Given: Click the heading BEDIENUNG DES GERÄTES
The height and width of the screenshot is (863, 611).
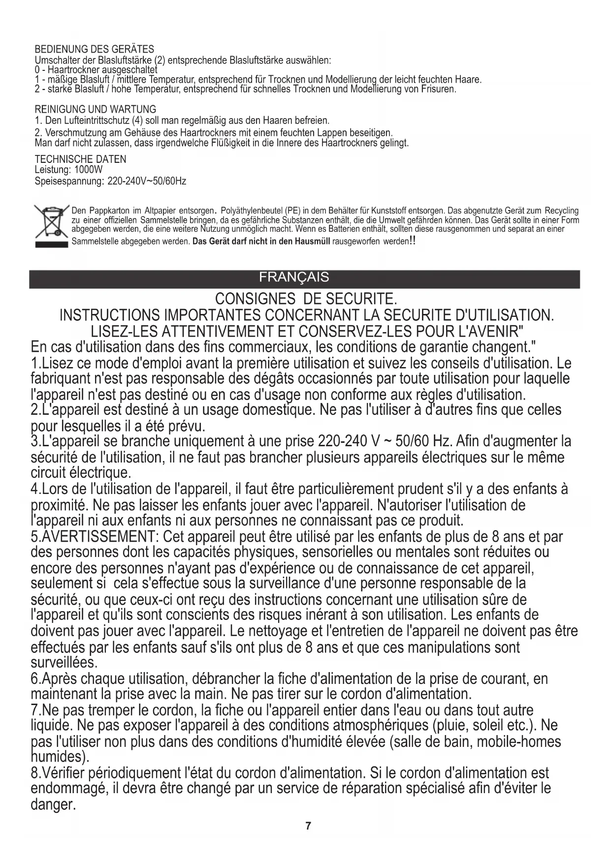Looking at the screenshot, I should pyautogui.click(x=94, y=49).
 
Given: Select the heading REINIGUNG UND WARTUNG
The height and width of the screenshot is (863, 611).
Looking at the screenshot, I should pyautogui.click(x=96, y=109).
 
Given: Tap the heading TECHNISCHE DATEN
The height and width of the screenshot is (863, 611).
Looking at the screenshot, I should pyautogui.click(x=80, y=159).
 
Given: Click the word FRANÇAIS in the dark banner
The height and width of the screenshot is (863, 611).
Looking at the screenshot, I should pyautogui.click(x=294, y=277).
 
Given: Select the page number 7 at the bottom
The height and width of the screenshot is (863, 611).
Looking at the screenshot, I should pyautogui.click(x=308, y=826).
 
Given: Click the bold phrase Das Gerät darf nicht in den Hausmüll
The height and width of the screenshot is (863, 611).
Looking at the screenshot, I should pyautogui.click(x=261, y=242).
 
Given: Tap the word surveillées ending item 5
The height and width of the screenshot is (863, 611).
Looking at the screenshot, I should pyautogui.click(x=64, y=662).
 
